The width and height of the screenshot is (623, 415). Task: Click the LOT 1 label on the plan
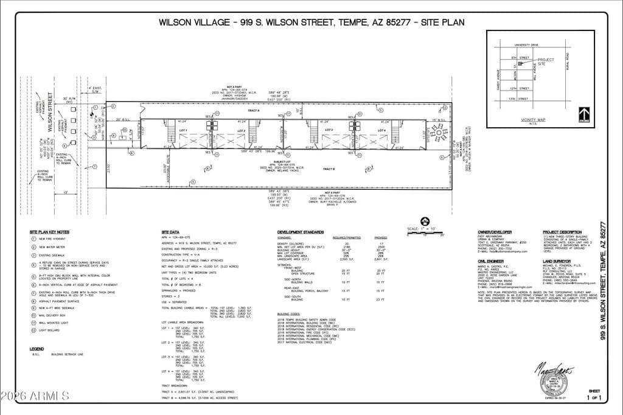[182, 131]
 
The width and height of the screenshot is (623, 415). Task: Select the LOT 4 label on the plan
[383, 131]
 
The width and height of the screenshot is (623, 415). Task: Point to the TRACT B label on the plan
[329, 169]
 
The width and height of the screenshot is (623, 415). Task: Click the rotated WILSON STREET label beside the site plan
[50, 108]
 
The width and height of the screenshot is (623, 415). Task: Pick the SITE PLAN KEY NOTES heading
[49, 232]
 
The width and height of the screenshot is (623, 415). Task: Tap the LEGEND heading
[37, 349]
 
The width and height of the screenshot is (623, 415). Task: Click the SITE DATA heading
[170, 232]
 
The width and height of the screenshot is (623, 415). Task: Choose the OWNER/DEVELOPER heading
[495, 232]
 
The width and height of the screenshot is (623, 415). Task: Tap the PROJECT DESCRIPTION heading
[562, 232]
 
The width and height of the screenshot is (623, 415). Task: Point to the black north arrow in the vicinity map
[584, 114]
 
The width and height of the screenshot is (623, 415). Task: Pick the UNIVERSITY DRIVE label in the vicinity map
[526, 45]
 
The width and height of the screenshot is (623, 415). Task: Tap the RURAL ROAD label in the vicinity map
[566, 61]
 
